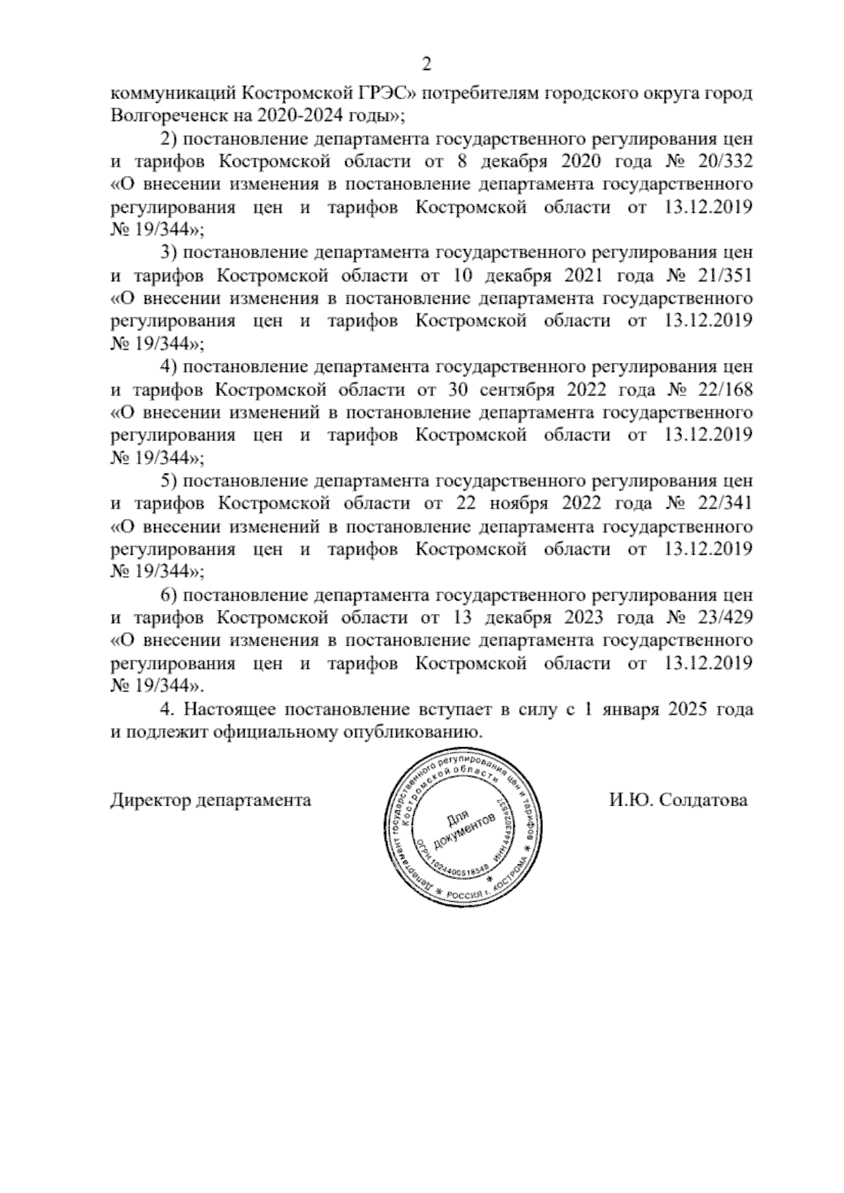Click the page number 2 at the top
pyautogui.click(x=425, y=65)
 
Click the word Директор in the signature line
pyautogui.click(x=150, y=800)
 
